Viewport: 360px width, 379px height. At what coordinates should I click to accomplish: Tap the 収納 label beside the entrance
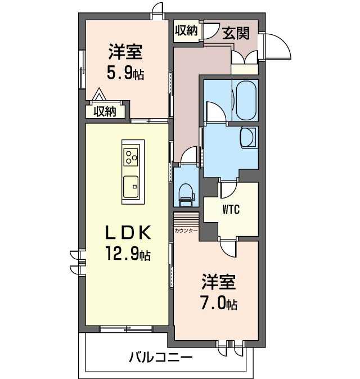click(x=186, y=30)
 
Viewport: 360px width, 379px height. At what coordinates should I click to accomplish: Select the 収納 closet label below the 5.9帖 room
click(x=105, y=111)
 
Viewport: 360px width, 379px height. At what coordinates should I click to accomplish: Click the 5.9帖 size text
click(x=125, y=73)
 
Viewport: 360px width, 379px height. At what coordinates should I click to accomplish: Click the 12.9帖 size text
click(x=127, y=254)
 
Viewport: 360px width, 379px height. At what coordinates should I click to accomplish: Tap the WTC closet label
click(x=231, y=210)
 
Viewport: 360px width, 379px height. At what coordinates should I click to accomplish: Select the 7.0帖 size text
click(x=219, y=304)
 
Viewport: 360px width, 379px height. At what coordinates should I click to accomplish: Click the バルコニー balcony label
click(x=160, y=357)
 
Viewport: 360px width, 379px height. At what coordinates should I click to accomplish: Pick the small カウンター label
click(x=186, y=231)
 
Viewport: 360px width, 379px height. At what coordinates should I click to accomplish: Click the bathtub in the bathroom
click(x=245, y=100)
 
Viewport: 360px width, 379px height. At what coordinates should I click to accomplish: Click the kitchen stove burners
click(x=133, y=156)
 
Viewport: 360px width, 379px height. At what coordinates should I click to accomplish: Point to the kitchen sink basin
click(x=133, y=183)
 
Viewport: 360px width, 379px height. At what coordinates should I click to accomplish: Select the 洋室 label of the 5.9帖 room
click(x=125, y=52)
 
